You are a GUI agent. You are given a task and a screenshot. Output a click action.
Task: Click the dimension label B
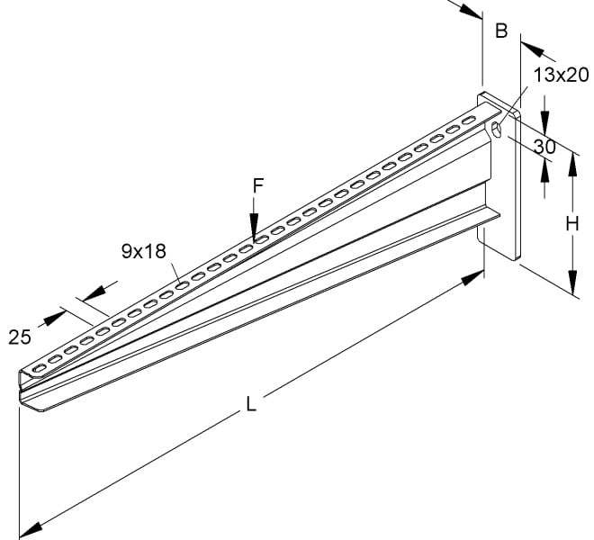(501, 31)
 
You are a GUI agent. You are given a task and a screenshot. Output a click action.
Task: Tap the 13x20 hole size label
(561, 75)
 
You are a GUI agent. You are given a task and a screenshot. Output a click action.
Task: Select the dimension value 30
(544, 147)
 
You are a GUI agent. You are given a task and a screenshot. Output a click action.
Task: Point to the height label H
(572, 223)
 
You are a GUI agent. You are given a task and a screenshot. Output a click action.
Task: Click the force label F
(258, 185)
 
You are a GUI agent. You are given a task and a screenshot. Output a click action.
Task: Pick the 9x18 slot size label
(144, 251)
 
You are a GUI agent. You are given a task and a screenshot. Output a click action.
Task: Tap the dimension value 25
(20, 337)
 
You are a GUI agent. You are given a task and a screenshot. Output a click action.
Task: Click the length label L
(251, 403)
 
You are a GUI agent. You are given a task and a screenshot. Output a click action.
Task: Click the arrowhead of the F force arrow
(254, 228)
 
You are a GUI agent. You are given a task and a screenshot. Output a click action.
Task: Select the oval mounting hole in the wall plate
(496, 130)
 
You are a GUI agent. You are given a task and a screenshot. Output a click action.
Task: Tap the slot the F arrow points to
(261, 239)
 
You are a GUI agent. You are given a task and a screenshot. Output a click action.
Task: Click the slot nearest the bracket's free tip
(39, 367)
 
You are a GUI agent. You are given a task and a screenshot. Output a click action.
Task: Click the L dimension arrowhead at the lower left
(31, 528)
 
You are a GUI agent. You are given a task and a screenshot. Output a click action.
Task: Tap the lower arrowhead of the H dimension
(573, 283)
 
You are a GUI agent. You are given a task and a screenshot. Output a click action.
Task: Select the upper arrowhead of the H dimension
(573, 166)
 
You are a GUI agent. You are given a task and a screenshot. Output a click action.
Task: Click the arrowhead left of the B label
(470, 10)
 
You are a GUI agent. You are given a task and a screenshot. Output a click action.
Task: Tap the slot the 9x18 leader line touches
(182, 285)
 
